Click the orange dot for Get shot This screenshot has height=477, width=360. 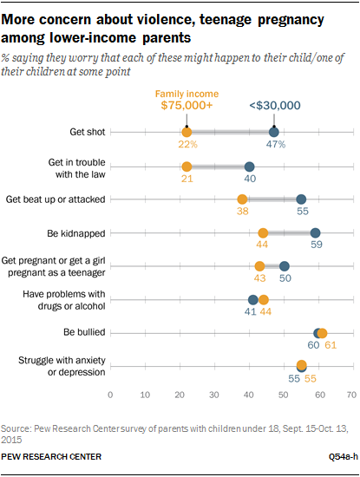pos(187,132)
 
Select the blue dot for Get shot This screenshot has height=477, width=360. pos(273,132)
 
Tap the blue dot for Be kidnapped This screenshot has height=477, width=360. pos(315,232)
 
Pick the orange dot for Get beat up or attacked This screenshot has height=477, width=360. pos(242,199)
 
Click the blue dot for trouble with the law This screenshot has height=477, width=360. pos(249,166)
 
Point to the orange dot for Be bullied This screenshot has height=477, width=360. pos(322,332)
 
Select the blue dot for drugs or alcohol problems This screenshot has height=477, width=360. pos(253,299)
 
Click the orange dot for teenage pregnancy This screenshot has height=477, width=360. pos(259,266)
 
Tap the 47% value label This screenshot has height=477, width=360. pos(276,146)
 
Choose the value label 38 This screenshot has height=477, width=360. pos(242,212)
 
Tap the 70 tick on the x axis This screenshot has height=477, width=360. pos(351,394)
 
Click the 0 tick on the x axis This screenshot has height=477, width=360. pos(110,394)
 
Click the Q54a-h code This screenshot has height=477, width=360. pos(335,456)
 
